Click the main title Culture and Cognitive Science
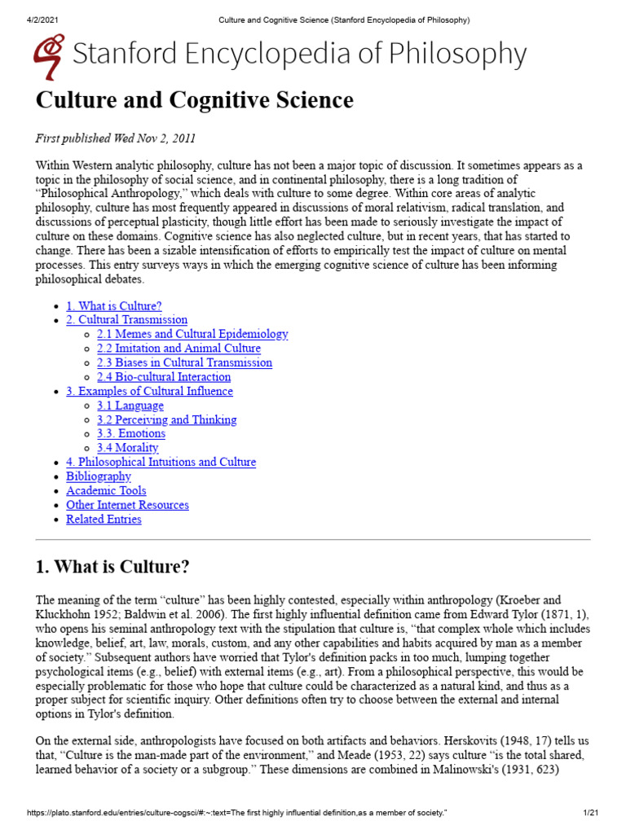195,100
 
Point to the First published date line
115,138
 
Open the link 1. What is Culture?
114,306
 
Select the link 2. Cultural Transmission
126,320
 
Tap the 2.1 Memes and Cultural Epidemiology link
192,334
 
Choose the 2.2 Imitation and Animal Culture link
178,349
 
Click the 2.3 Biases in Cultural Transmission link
184,362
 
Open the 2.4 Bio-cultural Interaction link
164,377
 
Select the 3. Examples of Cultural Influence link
149,391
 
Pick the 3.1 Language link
130,406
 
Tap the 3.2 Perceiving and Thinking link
167,419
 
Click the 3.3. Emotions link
131,434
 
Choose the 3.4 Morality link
128,448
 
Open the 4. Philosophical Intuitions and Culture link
161,462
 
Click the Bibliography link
99,476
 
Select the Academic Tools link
106,490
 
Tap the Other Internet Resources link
127,505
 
